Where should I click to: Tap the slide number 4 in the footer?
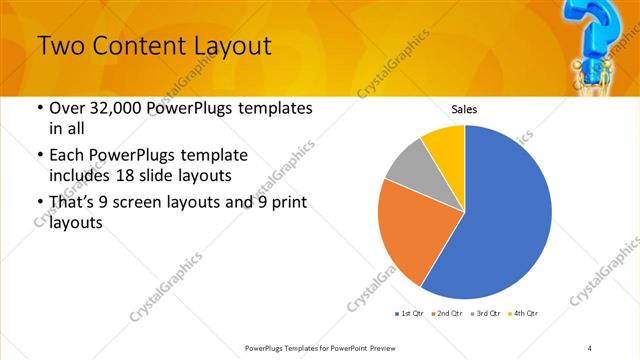(590, 347)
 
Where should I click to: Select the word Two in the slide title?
(63, 46)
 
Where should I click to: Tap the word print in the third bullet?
(287, 203)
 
